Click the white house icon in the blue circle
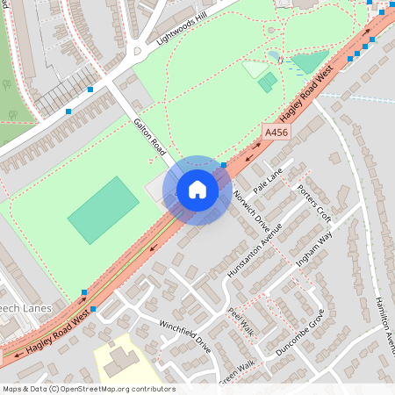[197, 190]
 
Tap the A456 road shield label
[276, 133]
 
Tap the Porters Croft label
[313, 202]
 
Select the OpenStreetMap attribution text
[88, 389]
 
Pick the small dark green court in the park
[268, 82]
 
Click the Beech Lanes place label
[26, 309]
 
